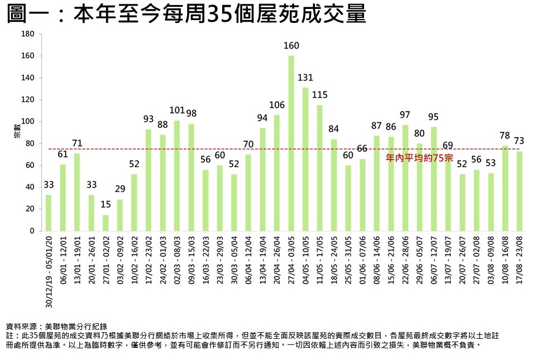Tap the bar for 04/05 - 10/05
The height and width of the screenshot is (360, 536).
click(x=305, y=159)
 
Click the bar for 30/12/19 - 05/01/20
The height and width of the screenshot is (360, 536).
click(x=49, y=213)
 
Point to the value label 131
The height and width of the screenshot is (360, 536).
click(x=305, y=78)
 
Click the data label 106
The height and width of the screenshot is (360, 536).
click(x=277, y=105)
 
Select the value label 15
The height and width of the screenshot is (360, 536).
click(x=106, y=205)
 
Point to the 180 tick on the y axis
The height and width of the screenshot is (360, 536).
click(x=28, y=35)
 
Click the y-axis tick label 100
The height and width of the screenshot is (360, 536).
click(x=28, y=122)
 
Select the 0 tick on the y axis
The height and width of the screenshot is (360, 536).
click(x=32, y=231)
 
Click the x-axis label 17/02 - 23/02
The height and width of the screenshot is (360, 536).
click(x=149, y=257)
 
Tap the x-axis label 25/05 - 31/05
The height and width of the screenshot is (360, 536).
click(x=348, y=257)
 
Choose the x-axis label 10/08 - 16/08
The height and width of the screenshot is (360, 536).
click(x=506, y=257)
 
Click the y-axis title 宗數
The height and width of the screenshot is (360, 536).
click(x=17, y=133)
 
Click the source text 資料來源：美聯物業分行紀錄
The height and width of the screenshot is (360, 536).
click(x=56, y=326)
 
